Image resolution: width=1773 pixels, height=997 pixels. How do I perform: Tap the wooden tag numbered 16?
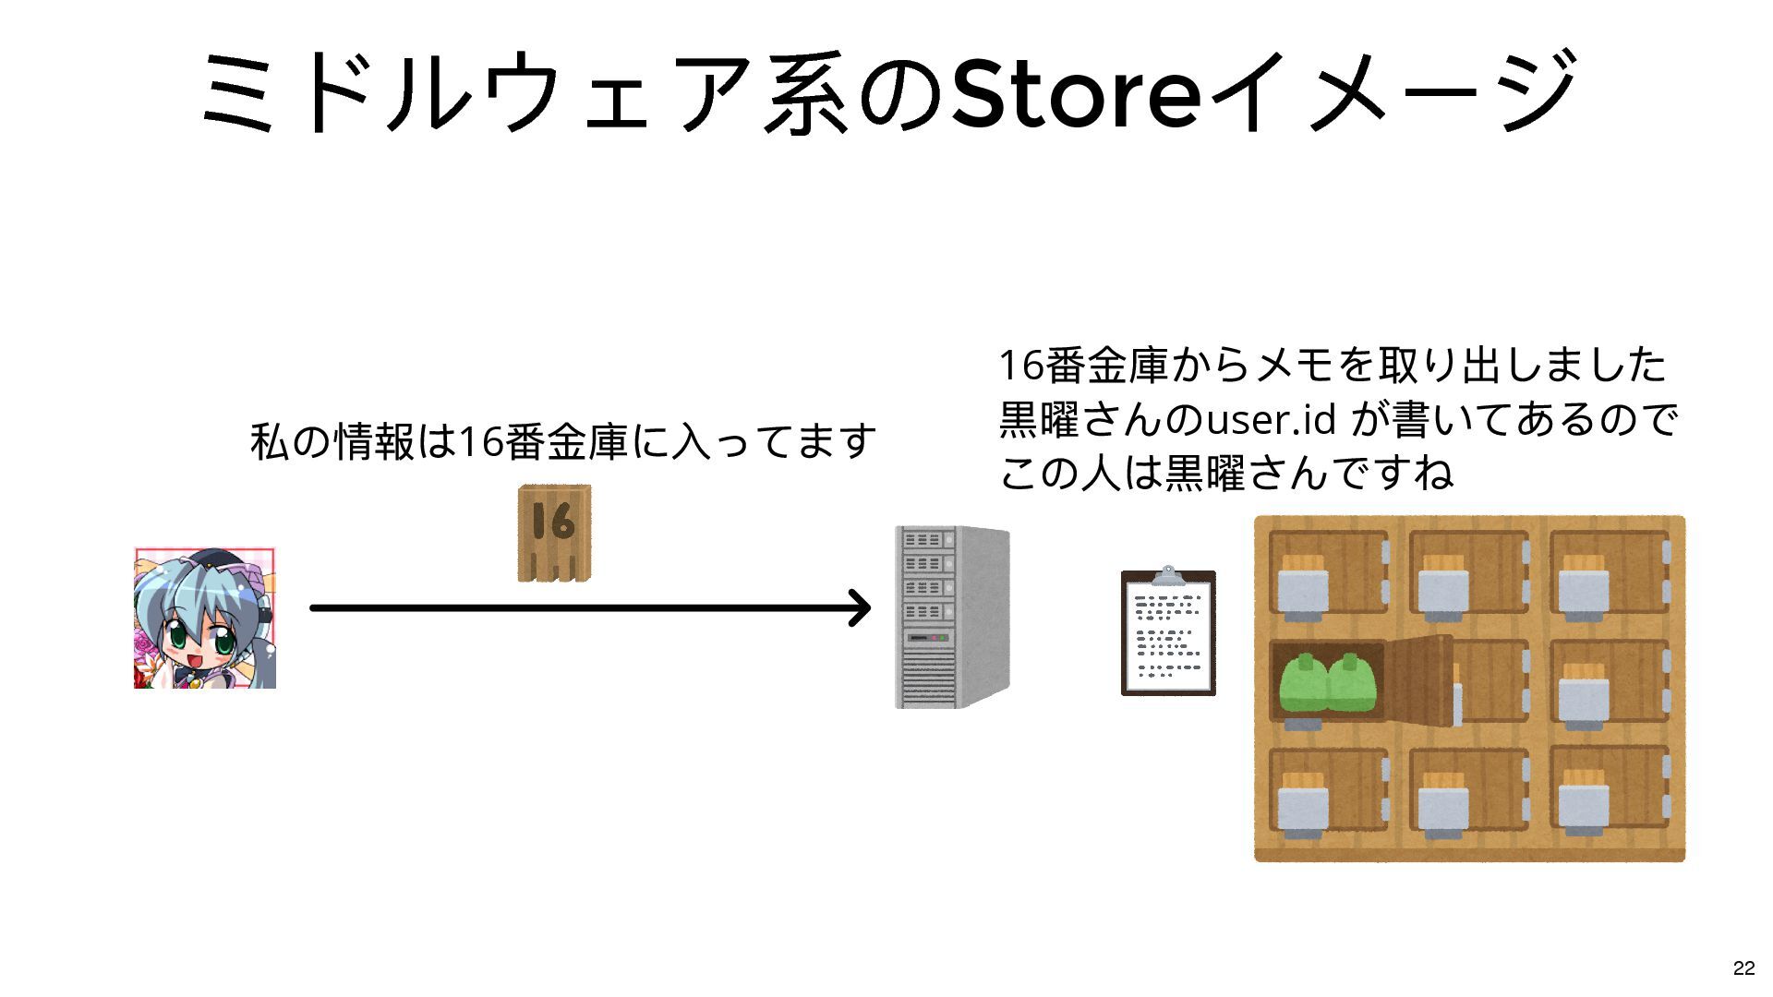coord(554,533)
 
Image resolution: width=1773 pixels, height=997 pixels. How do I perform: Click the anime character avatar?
coord(205,618)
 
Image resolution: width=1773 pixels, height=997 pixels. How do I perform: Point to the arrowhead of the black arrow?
coord(861,607)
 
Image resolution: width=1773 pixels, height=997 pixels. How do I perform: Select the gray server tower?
coord(951,617)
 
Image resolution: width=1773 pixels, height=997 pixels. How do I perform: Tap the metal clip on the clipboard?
coord(1168,576)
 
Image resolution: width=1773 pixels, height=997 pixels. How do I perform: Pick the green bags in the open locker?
coord(1327,683)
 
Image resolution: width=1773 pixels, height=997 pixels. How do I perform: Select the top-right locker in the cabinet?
coord(1610,572)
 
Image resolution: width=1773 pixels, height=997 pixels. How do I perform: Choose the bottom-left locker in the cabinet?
coord(1328,790)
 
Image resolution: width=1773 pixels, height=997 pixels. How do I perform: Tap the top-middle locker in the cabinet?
coord(1468,572)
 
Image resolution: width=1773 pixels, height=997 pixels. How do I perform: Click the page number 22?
coord(1743,967)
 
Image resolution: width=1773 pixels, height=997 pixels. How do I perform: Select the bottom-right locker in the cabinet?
coord(1610,788)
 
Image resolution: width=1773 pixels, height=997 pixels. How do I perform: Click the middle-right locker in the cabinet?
coord(1610,680)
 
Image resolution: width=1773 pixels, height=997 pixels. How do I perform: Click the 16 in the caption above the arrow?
coord(480,441)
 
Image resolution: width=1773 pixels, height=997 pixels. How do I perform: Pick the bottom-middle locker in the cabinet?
coord(1468,790)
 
